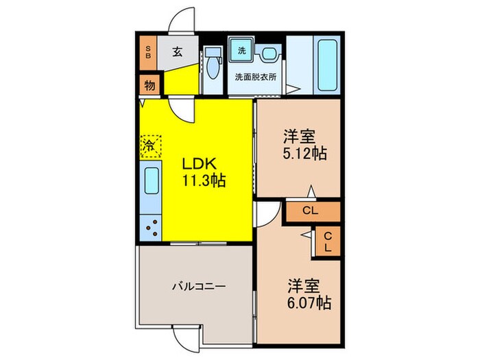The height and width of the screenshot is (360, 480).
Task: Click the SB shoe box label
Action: pyautogui.click(x=147, y=52)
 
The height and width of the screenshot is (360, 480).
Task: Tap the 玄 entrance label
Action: pyautogui.click(x=176, y=51)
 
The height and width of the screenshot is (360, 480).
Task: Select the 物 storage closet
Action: pyautogui.click(x=149, y=86)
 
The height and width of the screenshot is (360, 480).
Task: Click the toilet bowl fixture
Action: pyautogui.click(x=213, y=65)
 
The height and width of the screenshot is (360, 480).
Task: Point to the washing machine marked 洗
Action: pyautogui.click(x=241, y=50)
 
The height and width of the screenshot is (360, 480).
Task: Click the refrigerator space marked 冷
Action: pyautogui.click(x=150, y=146)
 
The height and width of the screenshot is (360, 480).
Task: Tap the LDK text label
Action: pyautogui.click(x=199, y=165)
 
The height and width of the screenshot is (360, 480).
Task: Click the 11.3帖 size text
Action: pyautogui.click(x=204, y=182)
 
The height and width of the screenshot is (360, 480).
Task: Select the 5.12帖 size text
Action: pyautogui.click(x=304, y=154)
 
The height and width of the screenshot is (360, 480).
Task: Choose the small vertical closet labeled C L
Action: pyautogui.click(x=328, y=241)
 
